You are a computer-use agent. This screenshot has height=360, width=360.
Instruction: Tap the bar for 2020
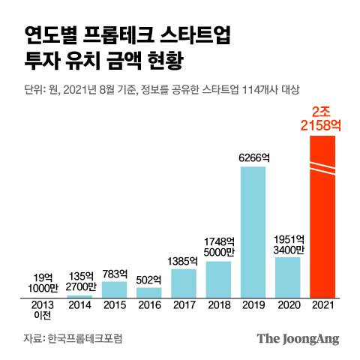[x=287, y=277]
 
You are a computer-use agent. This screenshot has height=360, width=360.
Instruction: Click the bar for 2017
[x=184, y=282]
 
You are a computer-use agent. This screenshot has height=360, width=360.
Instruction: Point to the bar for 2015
[x=114, y=289]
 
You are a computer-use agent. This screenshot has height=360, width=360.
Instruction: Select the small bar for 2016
[x=148, y=292]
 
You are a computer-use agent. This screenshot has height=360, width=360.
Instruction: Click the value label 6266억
[x=253, y=157]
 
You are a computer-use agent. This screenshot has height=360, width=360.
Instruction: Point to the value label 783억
[x=114, y=273]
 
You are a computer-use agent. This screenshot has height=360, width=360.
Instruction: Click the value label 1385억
[x=184, y=260]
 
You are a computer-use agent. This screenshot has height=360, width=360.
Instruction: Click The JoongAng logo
[x=298, y=338]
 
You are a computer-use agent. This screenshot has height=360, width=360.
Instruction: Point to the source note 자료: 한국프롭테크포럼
[x=72, y=338]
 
